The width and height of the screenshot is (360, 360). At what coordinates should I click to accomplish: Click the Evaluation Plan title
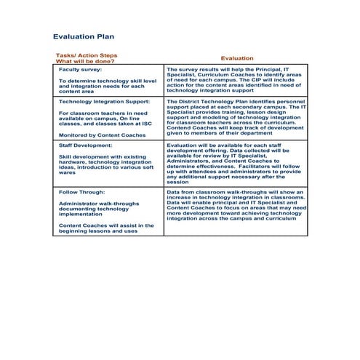pos(84,36)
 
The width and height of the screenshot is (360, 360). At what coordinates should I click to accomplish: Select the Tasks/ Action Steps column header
pos(86,55)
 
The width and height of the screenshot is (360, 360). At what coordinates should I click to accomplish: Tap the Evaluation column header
pos(237,58)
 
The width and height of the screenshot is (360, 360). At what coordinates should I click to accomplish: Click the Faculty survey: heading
pos(81,68)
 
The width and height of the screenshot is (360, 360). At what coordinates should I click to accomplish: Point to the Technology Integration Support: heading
pos(104,103)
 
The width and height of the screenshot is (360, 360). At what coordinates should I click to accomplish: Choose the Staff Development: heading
pos(86,145)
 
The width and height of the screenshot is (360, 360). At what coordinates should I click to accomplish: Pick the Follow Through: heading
pos(83,191)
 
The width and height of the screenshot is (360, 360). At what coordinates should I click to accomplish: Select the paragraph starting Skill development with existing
pos(106,163)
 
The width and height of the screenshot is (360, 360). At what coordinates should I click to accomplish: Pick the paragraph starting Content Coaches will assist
pos(106,228)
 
